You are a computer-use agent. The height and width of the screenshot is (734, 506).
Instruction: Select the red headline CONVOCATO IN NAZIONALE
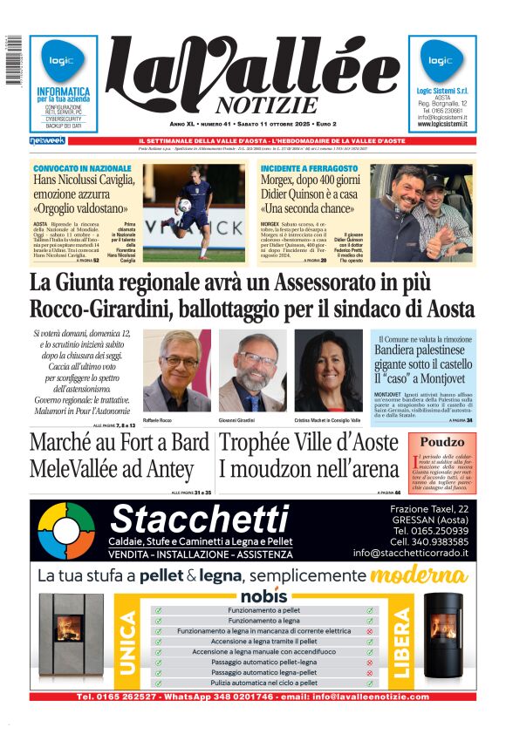coord(82,167)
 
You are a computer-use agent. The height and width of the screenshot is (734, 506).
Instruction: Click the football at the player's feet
coord(185,206)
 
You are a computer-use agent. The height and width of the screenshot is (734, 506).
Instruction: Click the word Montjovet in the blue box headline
coord(446,380)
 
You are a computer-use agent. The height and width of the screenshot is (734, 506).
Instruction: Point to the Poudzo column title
coord(442,442)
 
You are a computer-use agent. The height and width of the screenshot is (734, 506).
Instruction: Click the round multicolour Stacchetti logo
coord(67,531)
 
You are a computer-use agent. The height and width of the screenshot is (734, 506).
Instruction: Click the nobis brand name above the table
coord(263,596)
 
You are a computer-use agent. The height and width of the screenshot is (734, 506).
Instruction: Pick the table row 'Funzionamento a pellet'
coord(263,610)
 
